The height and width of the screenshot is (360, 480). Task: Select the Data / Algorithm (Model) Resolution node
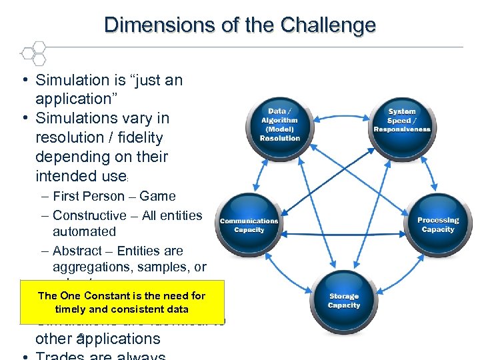pyautogui.click(x=280, y=125)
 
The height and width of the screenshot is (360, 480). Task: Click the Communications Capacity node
pyautogui.click(x=249, y=225)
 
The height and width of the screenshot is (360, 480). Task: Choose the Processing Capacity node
pyautogui.click(x=438, y=225)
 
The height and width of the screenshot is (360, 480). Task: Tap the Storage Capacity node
pyautogui.click(x=344, y=301)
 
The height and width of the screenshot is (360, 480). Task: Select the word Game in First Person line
pyautogui.click(x=157, y=196)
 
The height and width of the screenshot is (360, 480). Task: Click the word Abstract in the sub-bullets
pyautogui.click(x=76, y=251)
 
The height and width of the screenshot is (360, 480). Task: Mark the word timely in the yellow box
pyautogui.click(x=70, y=309)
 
